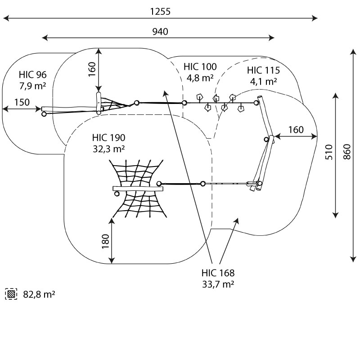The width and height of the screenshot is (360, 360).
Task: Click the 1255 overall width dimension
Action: pos(160,12)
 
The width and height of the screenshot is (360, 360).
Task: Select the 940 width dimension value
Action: pos(160,31)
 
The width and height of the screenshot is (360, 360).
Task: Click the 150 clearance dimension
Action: pos(22,102)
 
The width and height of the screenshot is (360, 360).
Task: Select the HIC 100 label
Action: pos(200,67)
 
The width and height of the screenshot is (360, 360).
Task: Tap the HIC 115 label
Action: pos(263,71)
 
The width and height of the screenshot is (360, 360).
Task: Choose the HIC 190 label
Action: pos(108,138)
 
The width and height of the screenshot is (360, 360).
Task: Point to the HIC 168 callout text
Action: pos(218,273)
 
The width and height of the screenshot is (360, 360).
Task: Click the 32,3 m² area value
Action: pos(108,148)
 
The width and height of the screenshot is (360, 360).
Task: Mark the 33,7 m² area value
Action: pos(218,283)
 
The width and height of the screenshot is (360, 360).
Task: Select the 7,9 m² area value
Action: pos(32,85)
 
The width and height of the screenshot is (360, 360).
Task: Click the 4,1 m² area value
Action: pos(263,81)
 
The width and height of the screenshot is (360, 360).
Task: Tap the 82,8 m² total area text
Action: pos(39,295)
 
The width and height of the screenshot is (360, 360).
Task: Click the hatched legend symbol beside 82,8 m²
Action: pos(11,294)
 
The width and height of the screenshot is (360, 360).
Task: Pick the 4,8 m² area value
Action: pos(200,77)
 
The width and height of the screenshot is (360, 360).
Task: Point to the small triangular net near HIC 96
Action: pos(115,105)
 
